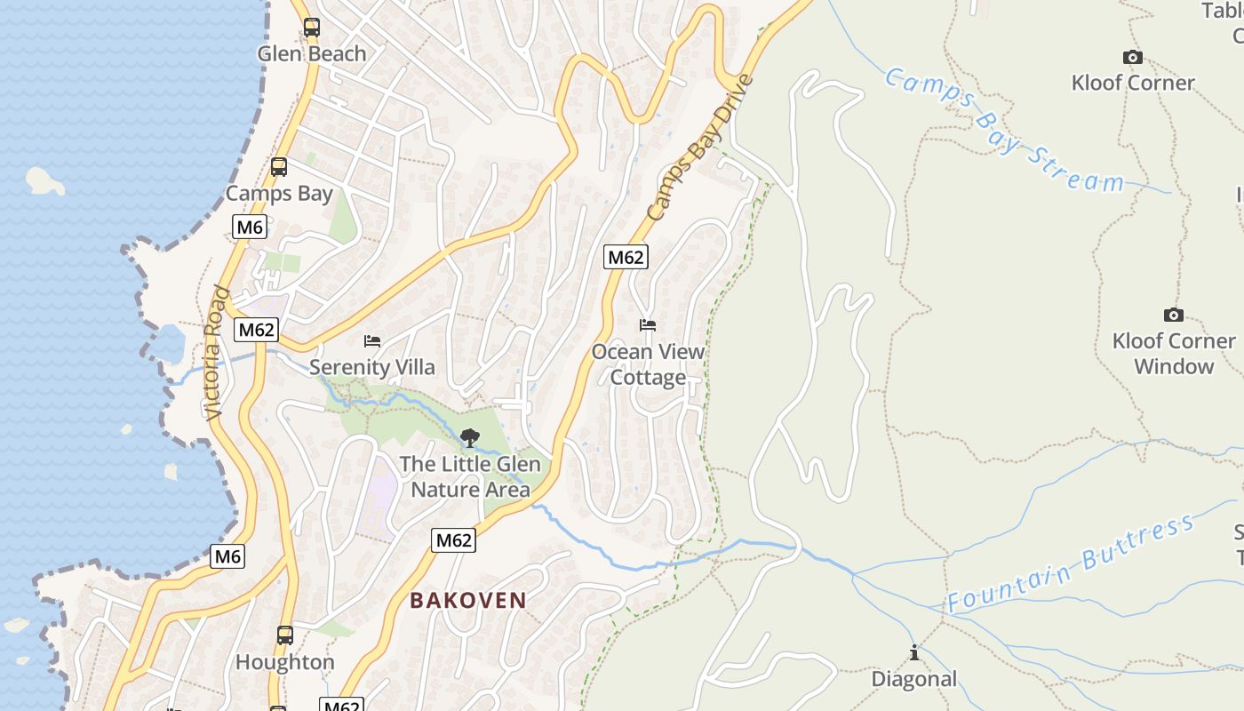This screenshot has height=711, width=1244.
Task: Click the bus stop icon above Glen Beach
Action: coord(311,28)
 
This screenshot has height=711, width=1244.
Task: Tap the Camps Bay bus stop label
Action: coord(279,194)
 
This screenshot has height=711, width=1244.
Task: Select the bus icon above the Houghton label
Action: coord(284,635)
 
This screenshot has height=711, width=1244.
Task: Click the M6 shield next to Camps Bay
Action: coord(250,228)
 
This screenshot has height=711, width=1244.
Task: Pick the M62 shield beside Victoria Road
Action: coord(257,331)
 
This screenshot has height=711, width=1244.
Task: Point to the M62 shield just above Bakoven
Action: coord(453,539)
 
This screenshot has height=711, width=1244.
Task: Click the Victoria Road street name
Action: coord(215,353)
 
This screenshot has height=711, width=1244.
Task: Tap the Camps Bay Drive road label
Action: coord(699,148)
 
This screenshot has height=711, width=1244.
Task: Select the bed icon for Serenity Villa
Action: coord(372,341)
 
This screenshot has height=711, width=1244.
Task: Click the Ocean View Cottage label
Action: coord(648,364)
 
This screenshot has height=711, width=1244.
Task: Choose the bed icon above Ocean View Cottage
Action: coord(648,325)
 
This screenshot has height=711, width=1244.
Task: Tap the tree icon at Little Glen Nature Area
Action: coord(469,437)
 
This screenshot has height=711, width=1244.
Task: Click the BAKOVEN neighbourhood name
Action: coord(468,601)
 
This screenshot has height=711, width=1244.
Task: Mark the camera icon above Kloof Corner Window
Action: coord(1173,315)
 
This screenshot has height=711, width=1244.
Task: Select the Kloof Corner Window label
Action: coord(1173,354)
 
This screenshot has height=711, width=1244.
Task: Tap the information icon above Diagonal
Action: coord(913,653)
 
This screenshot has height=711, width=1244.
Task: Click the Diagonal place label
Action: coord(913,680)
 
